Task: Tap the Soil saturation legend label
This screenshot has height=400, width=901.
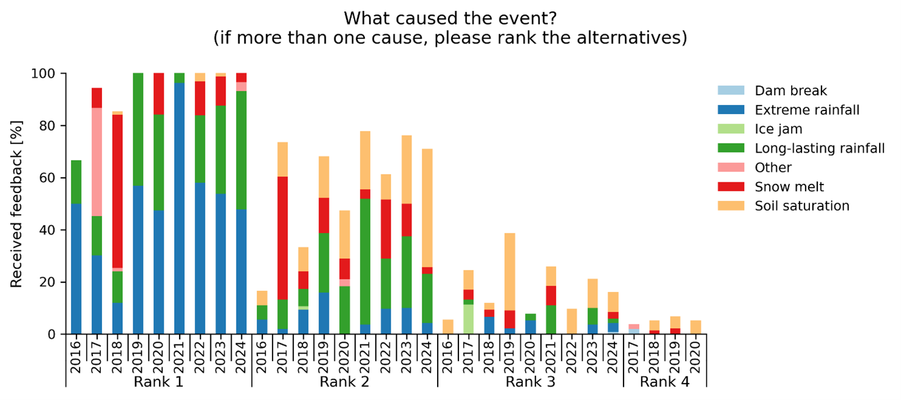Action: (x=802, y=206)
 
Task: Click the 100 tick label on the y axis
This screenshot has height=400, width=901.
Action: (x=50, y=73)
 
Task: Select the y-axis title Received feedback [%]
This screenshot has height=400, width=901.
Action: (x=17, y=204)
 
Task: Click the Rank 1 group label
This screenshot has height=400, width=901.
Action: (x=158, y=382)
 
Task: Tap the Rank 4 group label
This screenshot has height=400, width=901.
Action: (x=664, y=382)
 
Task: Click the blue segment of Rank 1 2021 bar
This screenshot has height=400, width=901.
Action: (x=179, y=208)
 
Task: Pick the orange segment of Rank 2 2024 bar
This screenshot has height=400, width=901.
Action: (x=428, y=208)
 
